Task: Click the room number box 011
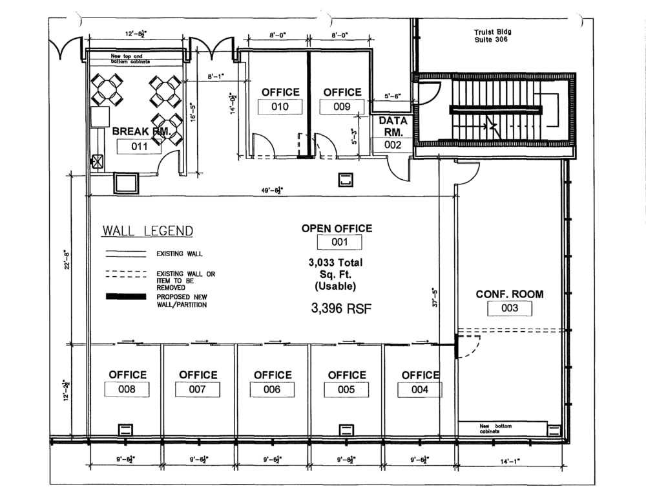point(139,146)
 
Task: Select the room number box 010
point(280,107)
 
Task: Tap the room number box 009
point(342,107)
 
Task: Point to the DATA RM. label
point(393,126)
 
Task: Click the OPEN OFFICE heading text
point(337,228)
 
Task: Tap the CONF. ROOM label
point(510,294)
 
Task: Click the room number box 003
point(510,309)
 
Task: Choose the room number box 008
point(127,389)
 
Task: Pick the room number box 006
point(272,389)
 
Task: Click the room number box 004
point(420,389)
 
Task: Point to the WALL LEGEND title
point(147,231)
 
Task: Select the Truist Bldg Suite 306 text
point(492,36)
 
